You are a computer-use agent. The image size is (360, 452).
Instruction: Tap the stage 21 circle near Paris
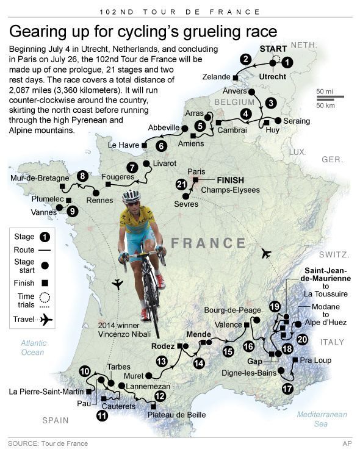(x=181, y=184)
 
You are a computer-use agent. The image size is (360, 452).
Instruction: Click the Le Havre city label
(x=123, y=146)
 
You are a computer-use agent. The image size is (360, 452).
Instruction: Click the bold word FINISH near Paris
(x=231, y=181)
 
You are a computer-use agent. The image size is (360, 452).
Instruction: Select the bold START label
(x=273, y=48)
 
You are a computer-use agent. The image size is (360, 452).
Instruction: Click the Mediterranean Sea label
(x=322, y=419)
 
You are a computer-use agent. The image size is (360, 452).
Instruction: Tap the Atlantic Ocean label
(x=32, y=347)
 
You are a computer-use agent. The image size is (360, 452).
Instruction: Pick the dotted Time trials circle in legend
(x=45, y=298)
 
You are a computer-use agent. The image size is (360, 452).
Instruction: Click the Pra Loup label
(x=316, y=361)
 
